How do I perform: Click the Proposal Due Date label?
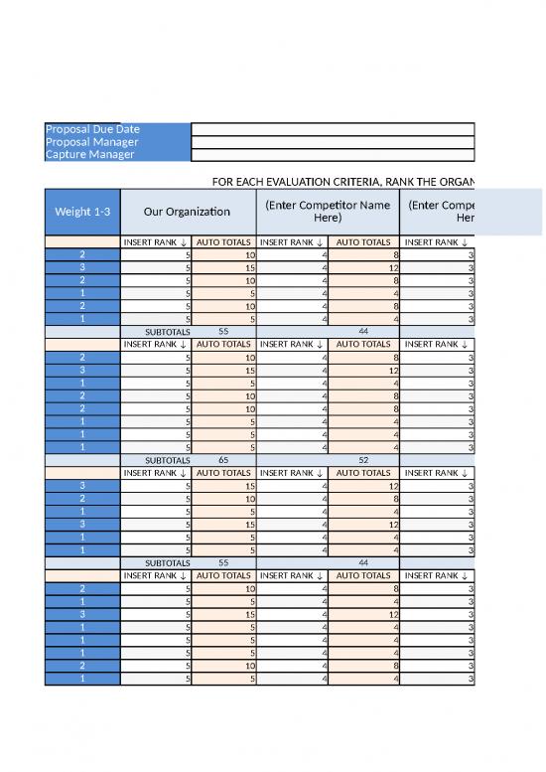click(x=93, y=129)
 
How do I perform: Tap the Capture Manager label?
click(x=90, y=155)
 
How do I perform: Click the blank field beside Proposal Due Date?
click(x=332, y=129)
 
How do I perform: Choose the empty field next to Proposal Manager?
click(x=332, y=142)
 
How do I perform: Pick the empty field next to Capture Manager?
click(x=332, y=155)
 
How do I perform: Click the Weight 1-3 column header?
click(x=82, y=212)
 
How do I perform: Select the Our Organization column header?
click(x=187, y=212)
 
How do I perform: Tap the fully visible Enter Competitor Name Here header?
click(x=327, y=212)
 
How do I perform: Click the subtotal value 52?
click(x=362, y=461)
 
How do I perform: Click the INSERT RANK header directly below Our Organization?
click(x=155, y=241)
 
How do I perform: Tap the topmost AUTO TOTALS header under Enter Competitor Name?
click(x=362, y=241)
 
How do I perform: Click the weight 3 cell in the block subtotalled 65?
click(x=82, y=371)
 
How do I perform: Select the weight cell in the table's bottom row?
click(x=82, y=680)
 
